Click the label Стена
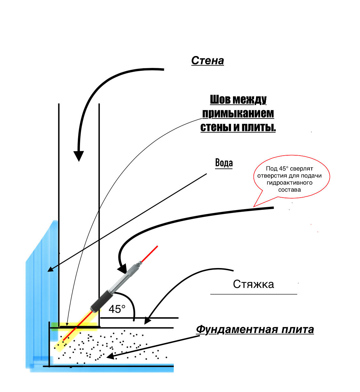(x=207, y=61)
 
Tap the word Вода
(x=224, y=163)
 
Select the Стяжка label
(x=253, y=284)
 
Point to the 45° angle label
(x=117, y=309)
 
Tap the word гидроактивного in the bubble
(x=289, y=183)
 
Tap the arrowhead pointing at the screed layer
(x=147, y=321)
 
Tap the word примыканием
(x=238, y=113)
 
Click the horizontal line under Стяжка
(x=253, y=294)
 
